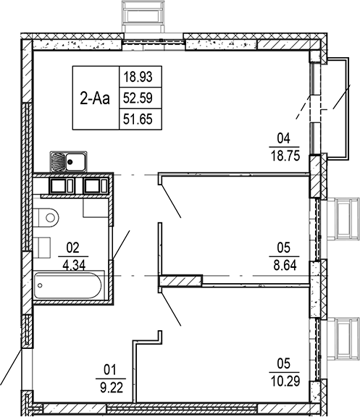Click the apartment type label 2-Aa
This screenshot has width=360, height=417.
95,97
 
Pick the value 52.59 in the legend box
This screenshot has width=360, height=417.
138,96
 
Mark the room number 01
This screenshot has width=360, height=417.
111,367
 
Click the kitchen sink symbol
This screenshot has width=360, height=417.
67,161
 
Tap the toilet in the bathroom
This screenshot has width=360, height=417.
48,214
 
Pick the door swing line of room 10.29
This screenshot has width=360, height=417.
171,308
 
